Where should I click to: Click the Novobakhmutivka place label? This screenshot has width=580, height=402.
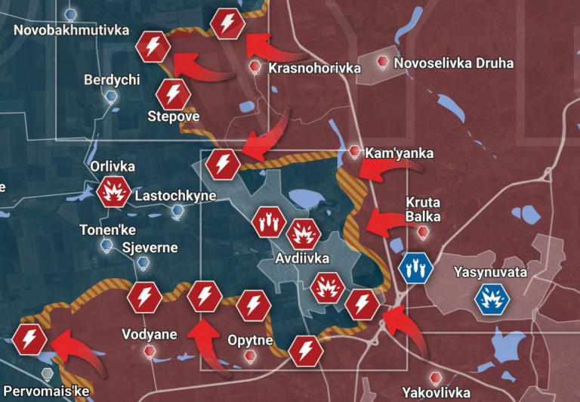tap(72, 30)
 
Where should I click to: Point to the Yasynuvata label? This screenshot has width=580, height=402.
tap(489, 272)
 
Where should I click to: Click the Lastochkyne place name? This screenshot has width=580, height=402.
tap(175, 196)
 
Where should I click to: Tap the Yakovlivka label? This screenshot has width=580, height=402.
tap(436, 393)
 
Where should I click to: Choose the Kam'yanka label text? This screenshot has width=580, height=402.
tap(399, 153)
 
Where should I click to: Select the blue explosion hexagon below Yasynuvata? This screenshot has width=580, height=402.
tap(492, 299)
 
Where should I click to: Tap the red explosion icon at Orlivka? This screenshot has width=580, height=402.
tap(114, 192)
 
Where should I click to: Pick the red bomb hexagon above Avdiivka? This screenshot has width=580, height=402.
tap(268, 222)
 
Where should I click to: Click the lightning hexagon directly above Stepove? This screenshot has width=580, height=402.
tap(173, 94)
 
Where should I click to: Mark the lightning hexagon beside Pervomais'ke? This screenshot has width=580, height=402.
tap(29, 339)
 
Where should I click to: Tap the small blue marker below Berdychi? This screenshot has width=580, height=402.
tap(111, 96)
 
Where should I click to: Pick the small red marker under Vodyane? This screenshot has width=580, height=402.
tap(150, 351)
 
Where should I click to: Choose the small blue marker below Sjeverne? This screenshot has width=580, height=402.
tap(143, 263)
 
